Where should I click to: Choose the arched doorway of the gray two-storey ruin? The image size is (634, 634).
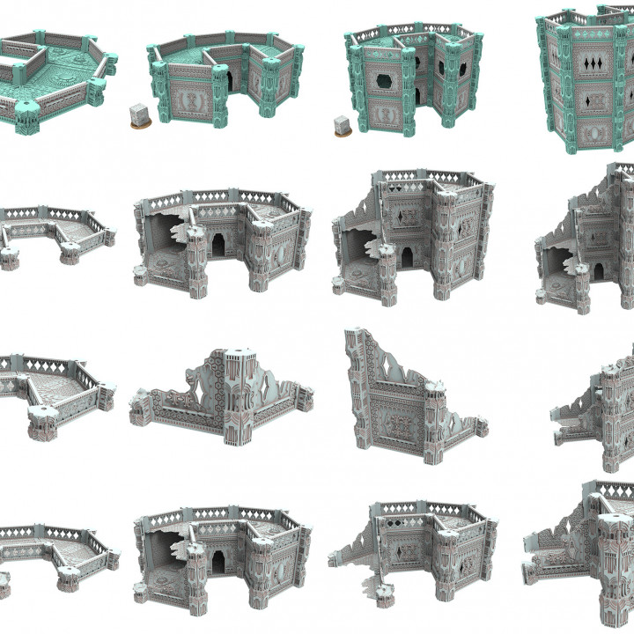(218, 242)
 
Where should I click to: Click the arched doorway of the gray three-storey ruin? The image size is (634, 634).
(408, 256)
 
